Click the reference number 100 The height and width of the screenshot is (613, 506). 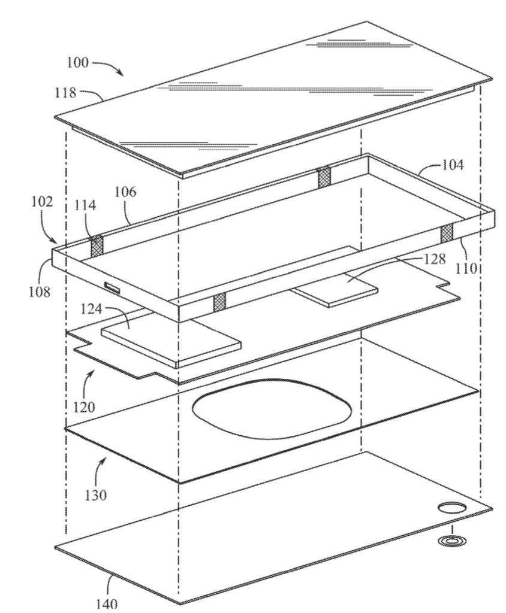[78, 63]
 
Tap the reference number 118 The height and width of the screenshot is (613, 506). [65, 93]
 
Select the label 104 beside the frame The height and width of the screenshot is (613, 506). [453, 165]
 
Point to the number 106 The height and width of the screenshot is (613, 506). [126, 192]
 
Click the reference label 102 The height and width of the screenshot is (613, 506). [42, 202]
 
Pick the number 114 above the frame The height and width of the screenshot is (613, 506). [85, 205]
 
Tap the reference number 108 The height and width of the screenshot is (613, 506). [40, 292]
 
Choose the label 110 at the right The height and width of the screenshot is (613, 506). [466, 269]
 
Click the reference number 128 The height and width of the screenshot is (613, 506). [434, 259]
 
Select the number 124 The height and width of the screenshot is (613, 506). [91, 309]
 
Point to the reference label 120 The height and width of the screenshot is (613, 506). [84, 407]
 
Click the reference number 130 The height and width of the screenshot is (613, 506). [95, 495]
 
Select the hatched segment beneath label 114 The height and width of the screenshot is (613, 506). [97, 247]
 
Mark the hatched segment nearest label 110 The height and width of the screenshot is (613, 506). [447, 233]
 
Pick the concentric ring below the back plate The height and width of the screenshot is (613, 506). [452, 541]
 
